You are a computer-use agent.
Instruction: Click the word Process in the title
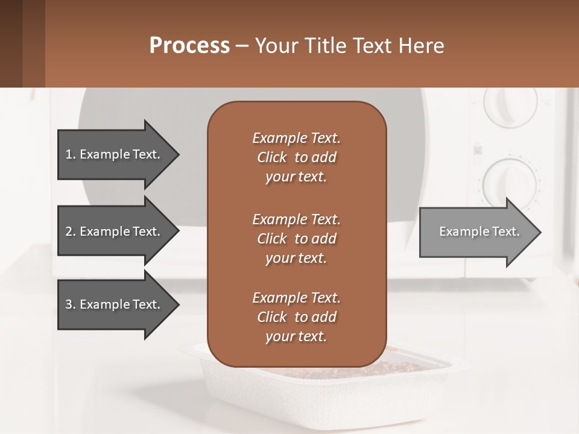(x=189, y=46)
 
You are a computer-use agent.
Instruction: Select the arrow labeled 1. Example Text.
(x=115, y=154)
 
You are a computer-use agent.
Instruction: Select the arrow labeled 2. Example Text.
(x=115, y=231)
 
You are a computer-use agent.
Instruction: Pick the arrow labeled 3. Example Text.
(x=115, y=304)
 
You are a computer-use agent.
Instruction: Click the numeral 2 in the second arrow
(x=69, y=231)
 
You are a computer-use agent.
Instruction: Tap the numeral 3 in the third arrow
(x=69, y=304)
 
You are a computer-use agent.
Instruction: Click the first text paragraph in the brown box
(x=296, y=157)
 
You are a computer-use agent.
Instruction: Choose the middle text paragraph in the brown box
(x=296, y=239)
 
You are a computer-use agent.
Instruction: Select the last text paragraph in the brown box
(x=296, y=317)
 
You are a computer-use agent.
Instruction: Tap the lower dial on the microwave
(x=510, y=180)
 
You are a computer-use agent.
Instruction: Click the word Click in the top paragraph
(x=272, y=157)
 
